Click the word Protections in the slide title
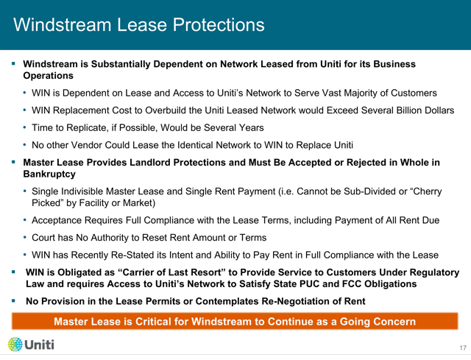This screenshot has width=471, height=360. point(219,24)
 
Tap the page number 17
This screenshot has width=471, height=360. point(463,347)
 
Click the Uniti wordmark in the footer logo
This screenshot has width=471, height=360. point(39,345)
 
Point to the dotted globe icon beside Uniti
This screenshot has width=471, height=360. point(15,345)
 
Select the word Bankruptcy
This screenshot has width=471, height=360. point(49,174)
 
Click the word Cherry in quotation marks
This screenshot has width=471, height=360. point(427,191)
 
